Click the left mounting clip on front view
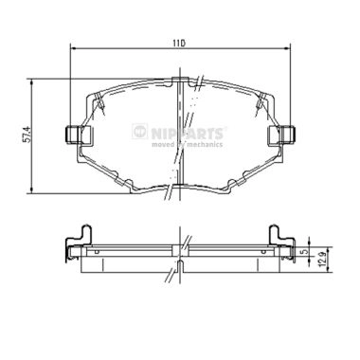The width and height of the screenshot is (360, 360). (x=72, y=135)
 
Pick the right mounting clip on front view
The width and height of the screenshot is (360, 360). (x=281, y=135)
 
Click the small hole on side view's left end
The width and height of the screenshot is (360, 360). (x=95, y=252)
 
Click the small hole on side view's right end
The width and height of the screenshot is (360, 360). (x=261, y=252)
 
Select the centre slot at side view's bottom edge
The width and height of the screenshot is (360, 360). (x=177, y=268)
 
